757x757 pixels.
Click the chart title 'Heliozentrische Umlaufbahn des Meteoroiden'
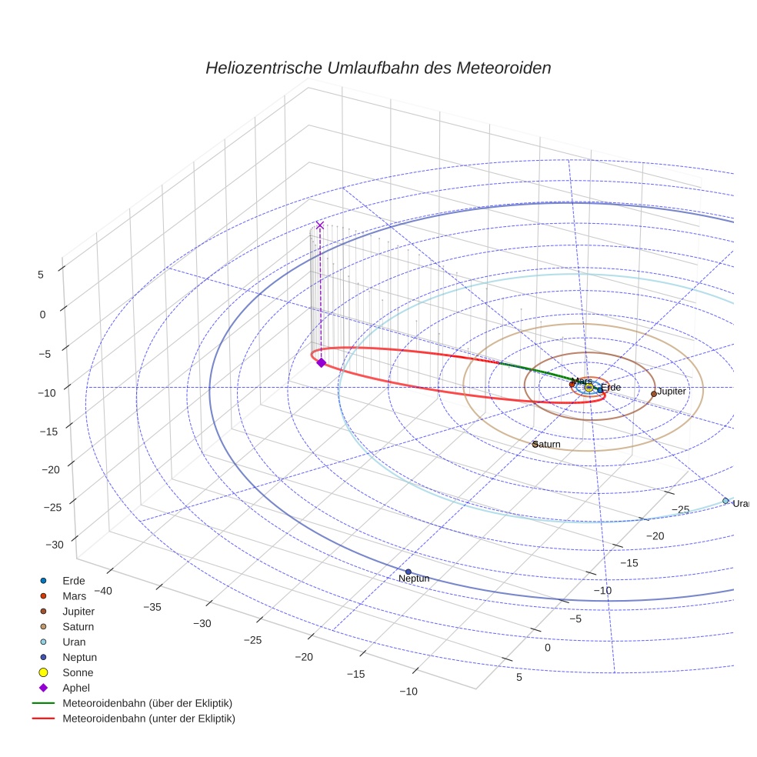(378, 68)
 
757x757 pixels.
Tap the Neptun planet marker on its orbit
(408, 571)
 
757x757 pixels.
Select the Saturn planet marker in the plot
(535, 444)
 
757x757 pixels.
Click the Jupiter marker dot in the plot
(653, 393)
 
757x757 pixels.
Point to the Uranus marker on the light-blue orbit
(725, 501)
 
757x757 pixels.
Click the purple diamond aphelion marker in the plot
(321, 362)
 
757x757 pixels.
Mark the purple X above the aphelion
(320, 225)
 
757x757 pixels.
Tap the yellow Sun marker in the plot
(589, 387)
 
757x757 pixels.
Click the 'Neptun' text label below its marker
(414, 579)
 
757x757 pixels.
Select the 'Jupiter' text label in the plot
(672, 392)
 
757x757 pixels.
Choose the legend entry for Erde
(74, 580)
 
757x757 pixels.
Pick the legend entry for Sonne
(78, 672)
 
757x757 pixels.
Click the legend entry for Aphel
(76, 688)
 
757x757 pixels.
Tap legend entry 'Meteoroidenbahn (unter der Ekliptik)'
(148, 719)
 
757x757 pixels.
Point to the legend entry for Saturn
(78, 626)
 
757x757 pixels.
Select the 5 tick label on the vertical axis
(41, 273)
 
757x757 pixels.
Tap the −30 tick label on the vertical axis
(55, 545)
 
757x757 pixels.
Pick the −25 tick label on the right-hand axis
(680, 509)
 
